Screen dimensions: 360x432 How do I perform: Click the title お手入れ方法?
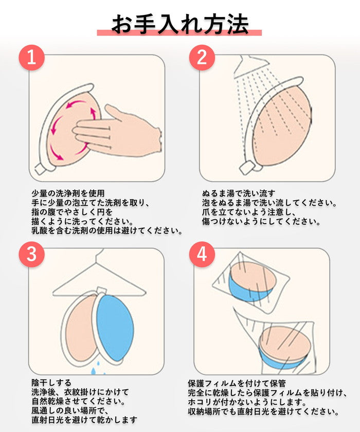pos(180,25)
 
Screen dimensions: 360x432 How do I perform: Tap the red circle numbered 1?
pos(32,58)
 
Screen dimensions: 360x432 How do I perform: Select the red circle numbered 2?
pos(202,58)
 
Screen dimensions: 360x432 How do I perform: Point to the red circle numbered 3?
pos(32,254)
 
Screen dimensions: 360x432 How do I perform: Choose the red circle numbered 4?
pos(202,254)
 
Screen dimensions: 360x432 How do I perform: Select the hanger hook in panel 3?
pos(99,256)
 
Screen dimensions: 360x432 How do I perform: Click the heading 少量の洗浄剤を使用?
pos(68,193)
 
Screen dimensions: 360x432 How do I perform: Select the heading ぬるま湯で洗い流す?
pos(239,193)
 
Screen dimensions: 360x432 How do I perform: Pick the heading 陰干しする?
pos(51,383)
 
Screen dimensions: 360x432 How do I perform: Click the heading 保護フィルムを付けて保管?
pos(237,384)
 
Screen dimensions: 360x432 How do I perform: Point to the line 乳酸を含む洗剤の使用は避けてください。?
pos(107,230)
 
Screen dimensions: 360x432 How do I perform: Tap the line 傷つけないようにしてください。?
pos(261,222)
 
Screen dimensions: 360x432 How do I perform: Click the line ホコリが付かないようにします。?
pos(247,402)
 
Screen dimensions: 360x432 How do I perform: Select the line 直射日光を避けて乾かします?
pos(84,420)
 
